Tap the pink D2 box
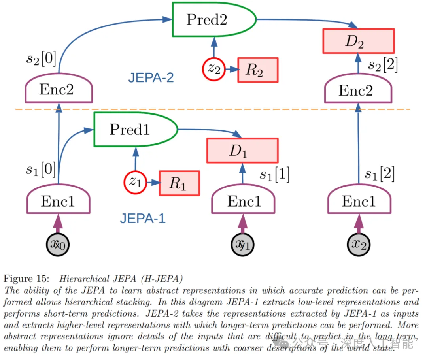359,41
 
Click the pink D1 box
242,151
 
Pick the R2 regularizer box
257,70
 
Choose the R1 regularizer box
179,183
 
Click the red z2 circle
214,69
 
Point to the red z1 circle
135,182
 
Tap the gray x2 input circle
359,244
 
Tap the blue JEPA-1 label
143,218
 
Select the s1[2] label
379,174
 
